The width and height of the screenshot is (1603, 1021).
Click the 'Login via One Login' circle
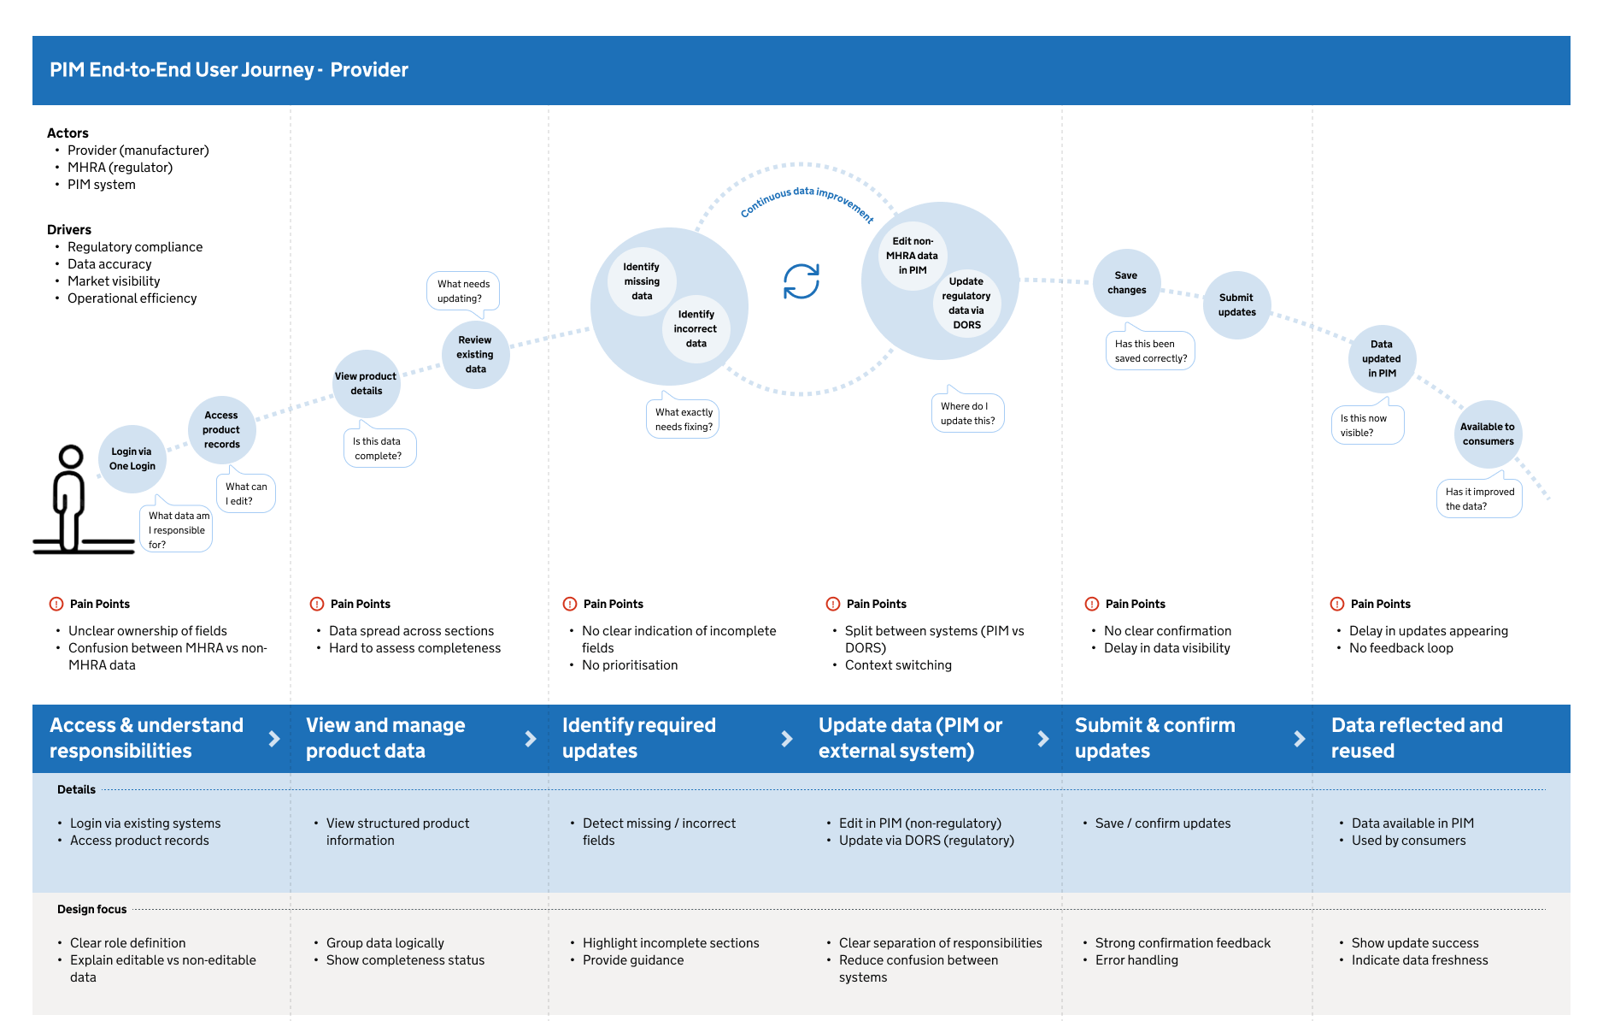click(x=132, y=459)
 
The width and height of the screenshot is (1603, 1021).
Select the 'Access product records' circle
click(x=222, y=430)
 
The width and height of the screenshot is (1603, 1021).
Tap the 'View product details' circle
click(x=367, y=384)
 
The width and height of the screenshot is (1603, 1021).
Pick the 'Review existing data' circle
click(x=476, y=355)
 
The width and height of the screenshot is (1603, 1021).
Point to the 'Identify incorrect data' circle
click(x=696, y=329)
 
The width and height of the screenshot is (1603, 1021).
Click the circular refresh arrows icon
click(x=801, y=281)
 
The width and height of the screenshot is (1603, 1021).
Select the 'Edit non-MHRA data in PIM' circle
click(x=913, y=256)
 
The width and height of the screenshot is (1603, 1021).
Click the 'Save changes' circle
click(x=1127, y=283)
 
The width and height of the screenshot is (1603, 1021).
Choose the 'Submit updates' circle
click(x=1237, y=305)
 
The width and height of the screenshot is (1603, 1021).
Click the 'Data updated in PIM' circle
click(x=1382, y=359)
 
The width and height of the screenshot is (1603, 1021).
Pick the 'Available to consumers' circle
click(x=1488, y=434)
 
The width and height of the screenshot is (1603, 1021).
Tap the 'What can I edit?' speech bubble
click(x=245, y=492)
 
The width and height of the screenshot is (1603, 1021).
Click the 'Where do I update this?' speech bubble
click(x=967, y=412)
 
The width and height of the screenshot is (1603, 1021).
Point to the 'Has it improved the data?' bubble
click(x=1479, y=497)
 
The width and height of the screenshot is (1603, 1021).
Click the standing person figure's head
click(x=71, y=457)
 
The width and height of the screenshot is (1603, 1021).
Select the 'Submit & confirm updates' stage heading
click(x=1154, y=738)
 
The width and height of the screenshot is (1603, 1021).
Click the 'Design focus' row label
click(x=91, y=909)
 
